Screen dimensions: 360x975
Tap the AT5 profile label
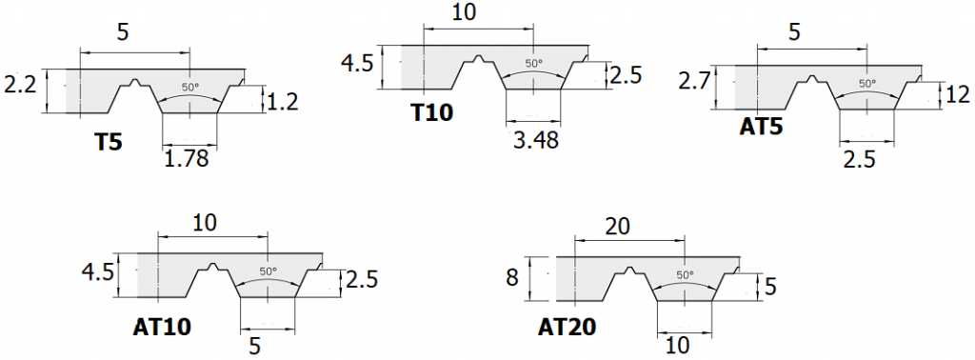click(x=761, y=126)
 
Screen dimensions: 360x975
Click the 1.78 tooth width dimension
click(x=186, y=158)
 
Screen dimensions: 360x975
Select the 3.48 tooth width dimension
click(x=534, y=141)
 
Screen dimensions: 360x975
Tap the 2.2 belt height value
click(x=20, y=85)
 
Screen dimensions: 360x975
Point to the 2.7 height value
click(x=694, y=81)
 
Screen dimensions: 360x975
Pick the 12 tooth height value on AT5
click(x=957, y=94)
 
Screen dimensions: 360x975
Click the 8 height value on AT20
click(x=512, y=277)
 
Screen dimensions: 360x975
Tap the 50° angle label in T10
click(x=534, y=64)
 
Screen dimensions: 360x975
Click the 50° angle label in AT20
click(x=684, y=274)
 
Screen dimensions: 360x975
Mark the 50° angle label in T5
click(x=190, y=87)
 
